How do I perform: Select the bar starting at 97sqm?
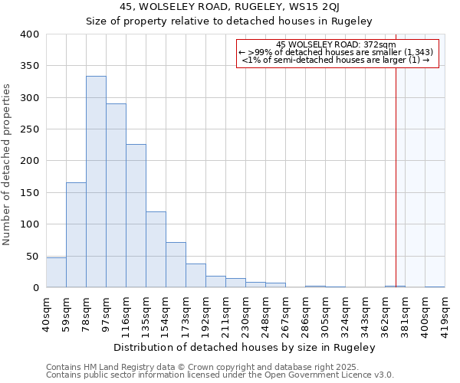point(116,196)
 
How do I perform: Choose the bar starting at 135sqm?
point(156,250)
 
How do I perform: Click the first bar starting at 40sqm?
point(56,273)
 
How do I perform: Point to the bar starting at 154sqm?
point(176,265)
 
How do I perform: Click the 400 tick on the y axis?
point(29,34)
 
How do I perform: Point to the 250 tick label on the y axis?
point(29,129)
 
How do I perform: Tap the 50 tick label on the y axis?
point(32,256)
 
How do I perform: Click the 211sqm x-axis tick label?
point(225,313)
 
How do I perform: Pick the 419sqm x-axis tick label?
point(445,313)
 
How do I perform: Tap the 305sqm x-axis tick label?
point(325,313)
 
